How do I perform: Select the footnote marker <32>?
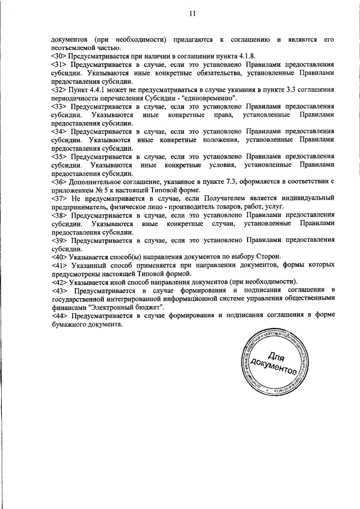(x=59, y=89)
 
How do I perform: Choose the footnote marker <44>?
(x=59, y=317)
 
